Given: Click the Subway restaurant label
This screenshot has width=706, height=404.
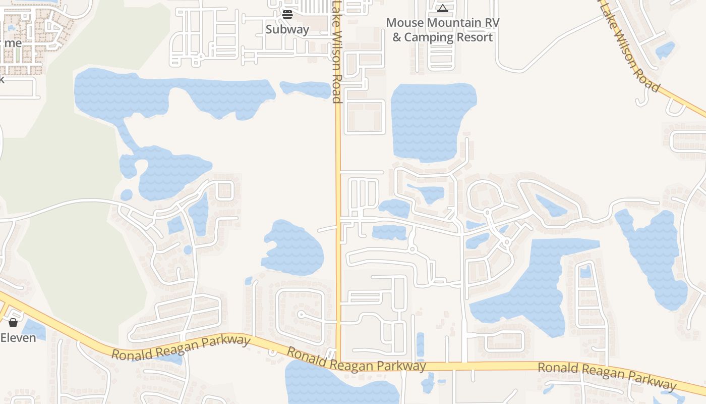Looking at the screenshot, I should (287, 29).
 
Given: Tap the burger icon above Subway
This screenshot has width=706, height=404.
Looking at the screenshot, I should (287, 14).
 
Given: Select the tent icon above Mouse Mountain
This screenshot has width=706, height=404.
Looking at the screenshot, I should (442, 8).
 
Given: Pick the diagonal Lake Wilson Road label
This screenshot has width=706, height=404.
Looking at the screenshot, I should (630, 50).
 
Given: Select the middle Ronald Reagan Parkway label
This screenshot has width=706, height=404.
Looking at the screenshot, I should (356, 360).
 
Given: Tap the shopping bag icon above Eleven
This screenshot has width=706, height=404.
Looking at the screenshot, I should (13, 322).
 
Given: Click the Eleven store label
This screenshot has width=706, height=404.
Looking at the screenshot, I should (18, 337).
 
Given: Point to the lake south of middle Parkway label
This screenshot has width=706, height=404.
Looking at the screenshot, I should (338, 386).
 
